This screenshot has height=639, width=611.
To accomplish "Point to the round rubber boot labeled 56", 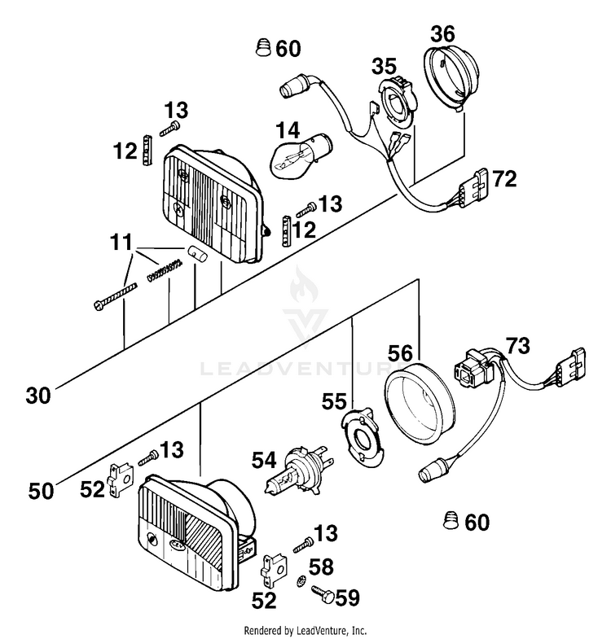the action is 420,404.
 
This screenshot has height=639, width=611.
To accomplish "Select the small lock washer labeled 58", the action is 301,579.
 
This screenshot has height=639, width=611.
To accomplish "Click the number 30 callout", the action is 38,396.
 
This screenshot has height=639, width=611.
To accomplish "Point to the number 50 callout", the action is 41,491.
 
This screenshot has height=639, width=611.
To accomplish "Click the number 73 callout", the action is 517,346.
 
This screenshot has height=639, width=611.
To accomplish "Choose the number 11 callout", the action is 121,243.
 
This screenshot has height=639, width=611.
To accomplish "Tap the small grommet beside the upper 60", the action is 263,47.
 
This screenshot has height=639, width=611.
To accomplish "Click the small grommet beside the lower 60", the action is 451,520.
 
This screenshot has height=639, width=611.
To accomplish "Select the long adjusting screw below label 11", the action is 115,296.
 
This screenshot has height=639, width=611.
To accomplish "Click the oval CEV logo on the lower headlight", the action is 177,544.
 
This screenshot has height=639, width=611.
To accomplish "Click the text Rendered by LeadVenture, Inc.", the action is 305,629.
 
